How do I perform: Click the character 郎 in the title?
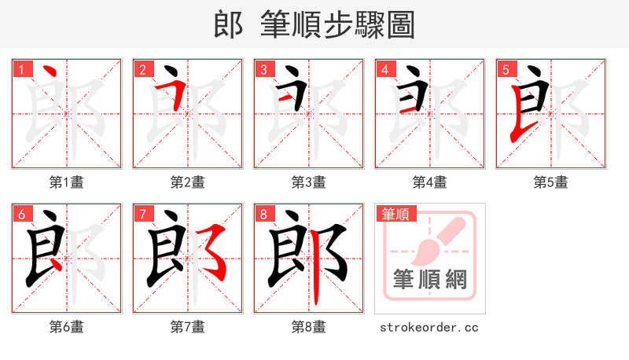click(x=228, y=24)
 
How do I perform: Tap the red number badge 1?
click(x=20, y=69)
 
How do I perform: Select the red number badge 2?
click(x=142, y=69)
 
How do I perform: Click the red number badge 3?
click(x=263, y=69)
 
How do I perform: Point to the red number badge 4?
click(x=384, y=69)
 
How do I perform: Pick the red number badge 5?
click(x=505, y=69)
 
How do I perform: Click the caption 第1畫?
click(x=66, y=182)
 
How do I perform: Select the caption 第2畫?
click(x=187, y=182)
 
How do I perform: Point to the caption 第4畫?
click(x=429, y=182)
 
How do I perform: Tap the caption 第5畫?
click(x=550, y=182)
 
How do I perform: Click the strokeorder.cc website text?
click(x=429, y=327)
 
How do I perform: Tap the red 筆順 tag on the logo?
click(x=395, y=213)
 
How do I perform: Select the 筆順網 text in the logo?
click(x=429, y=279)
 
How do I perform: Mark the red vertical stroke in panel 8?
click(x=316, y=279)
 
